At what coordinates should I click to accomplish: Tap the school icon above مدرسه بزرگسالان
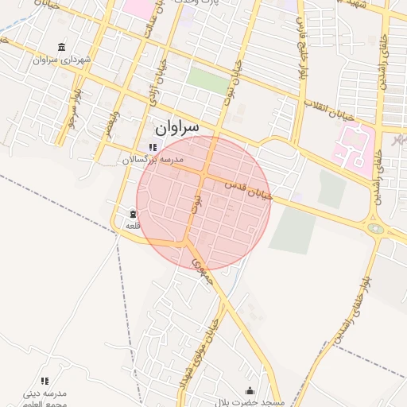click(x=153, y=147)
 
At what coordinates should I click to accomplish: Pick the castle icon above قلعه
click(x=132, y=213)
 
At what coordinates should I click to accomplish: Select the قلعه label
click(x=132, y=225)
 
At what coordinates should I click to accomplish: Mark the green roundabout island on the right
click(x=375, y=229)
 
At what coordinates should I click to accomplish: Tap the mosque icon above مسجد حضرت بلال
click(x=250, y=390)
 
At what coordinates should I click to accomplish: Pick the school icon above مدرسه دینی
click(x=45, y=382)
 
